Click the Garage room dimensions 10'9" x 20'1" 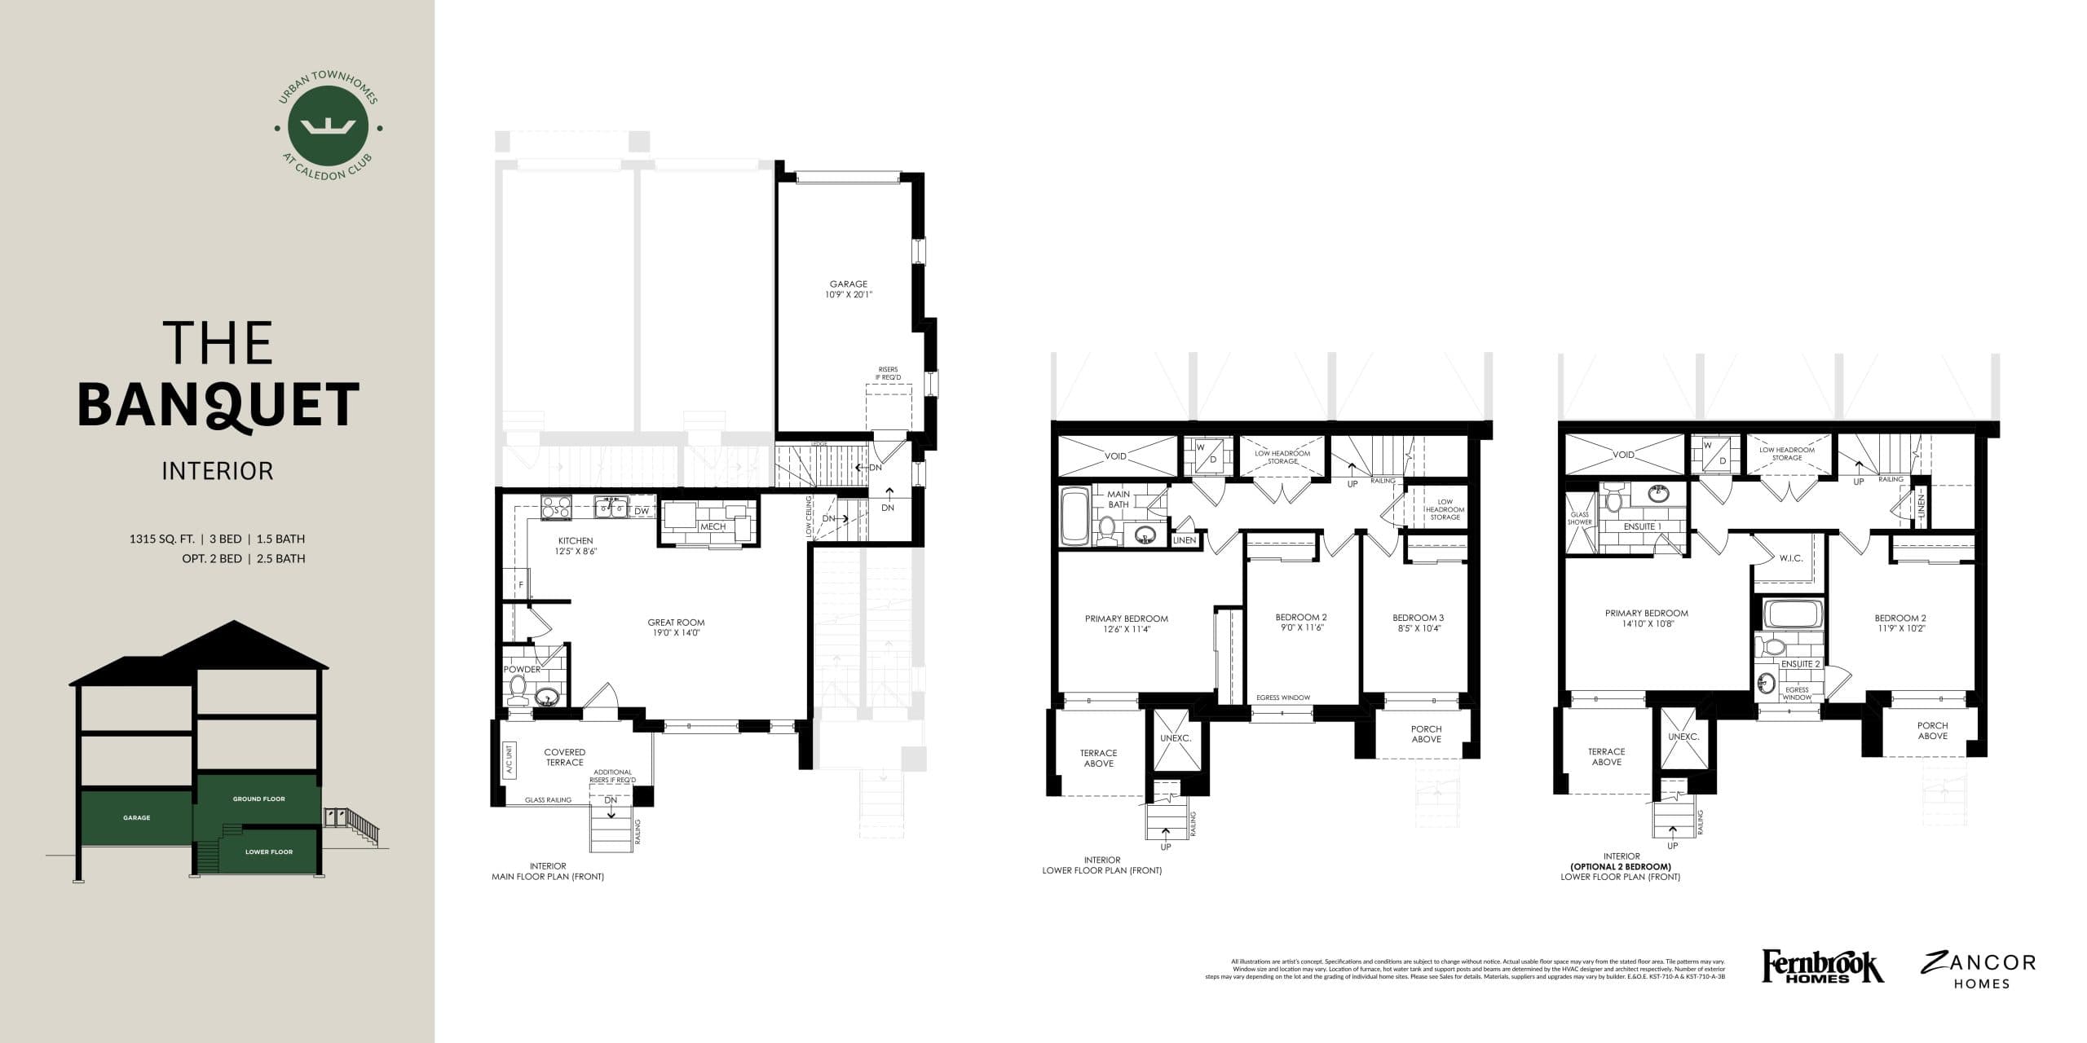pyautogui.click(x=849, y=295)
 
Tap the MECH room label pyautogui.click(x=713, y=526)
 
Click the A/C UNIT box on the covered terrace pyautogui.click(x=509, y=759)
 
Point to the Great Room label pyautogui.click(x=676, y=623)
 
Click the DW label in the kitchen pyautogui.click(x=642, y=511)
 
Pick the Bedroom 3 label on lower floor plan pyautogui.click(x=1418, y=618)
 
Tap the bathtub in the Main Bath pyautogui.click(x=1074, y=516)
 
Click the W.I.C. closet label pyautogui.click(x=1785, y=559)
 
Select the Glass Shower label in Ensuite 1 pyautogui.click(x=1579, y=518)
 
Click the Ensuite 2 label pyautogui.click(x=1800, y=664)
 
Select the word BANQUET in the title pyautogui.click(x=218, y=405)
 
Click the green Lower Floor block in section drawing pyautogui.click(x=268, y=852)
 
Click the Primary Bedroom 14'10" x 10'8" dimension pyautogui.click(x=1646, y=625)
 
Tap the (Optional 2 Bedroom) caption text pyautogui.click(x=1620, y=867)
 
